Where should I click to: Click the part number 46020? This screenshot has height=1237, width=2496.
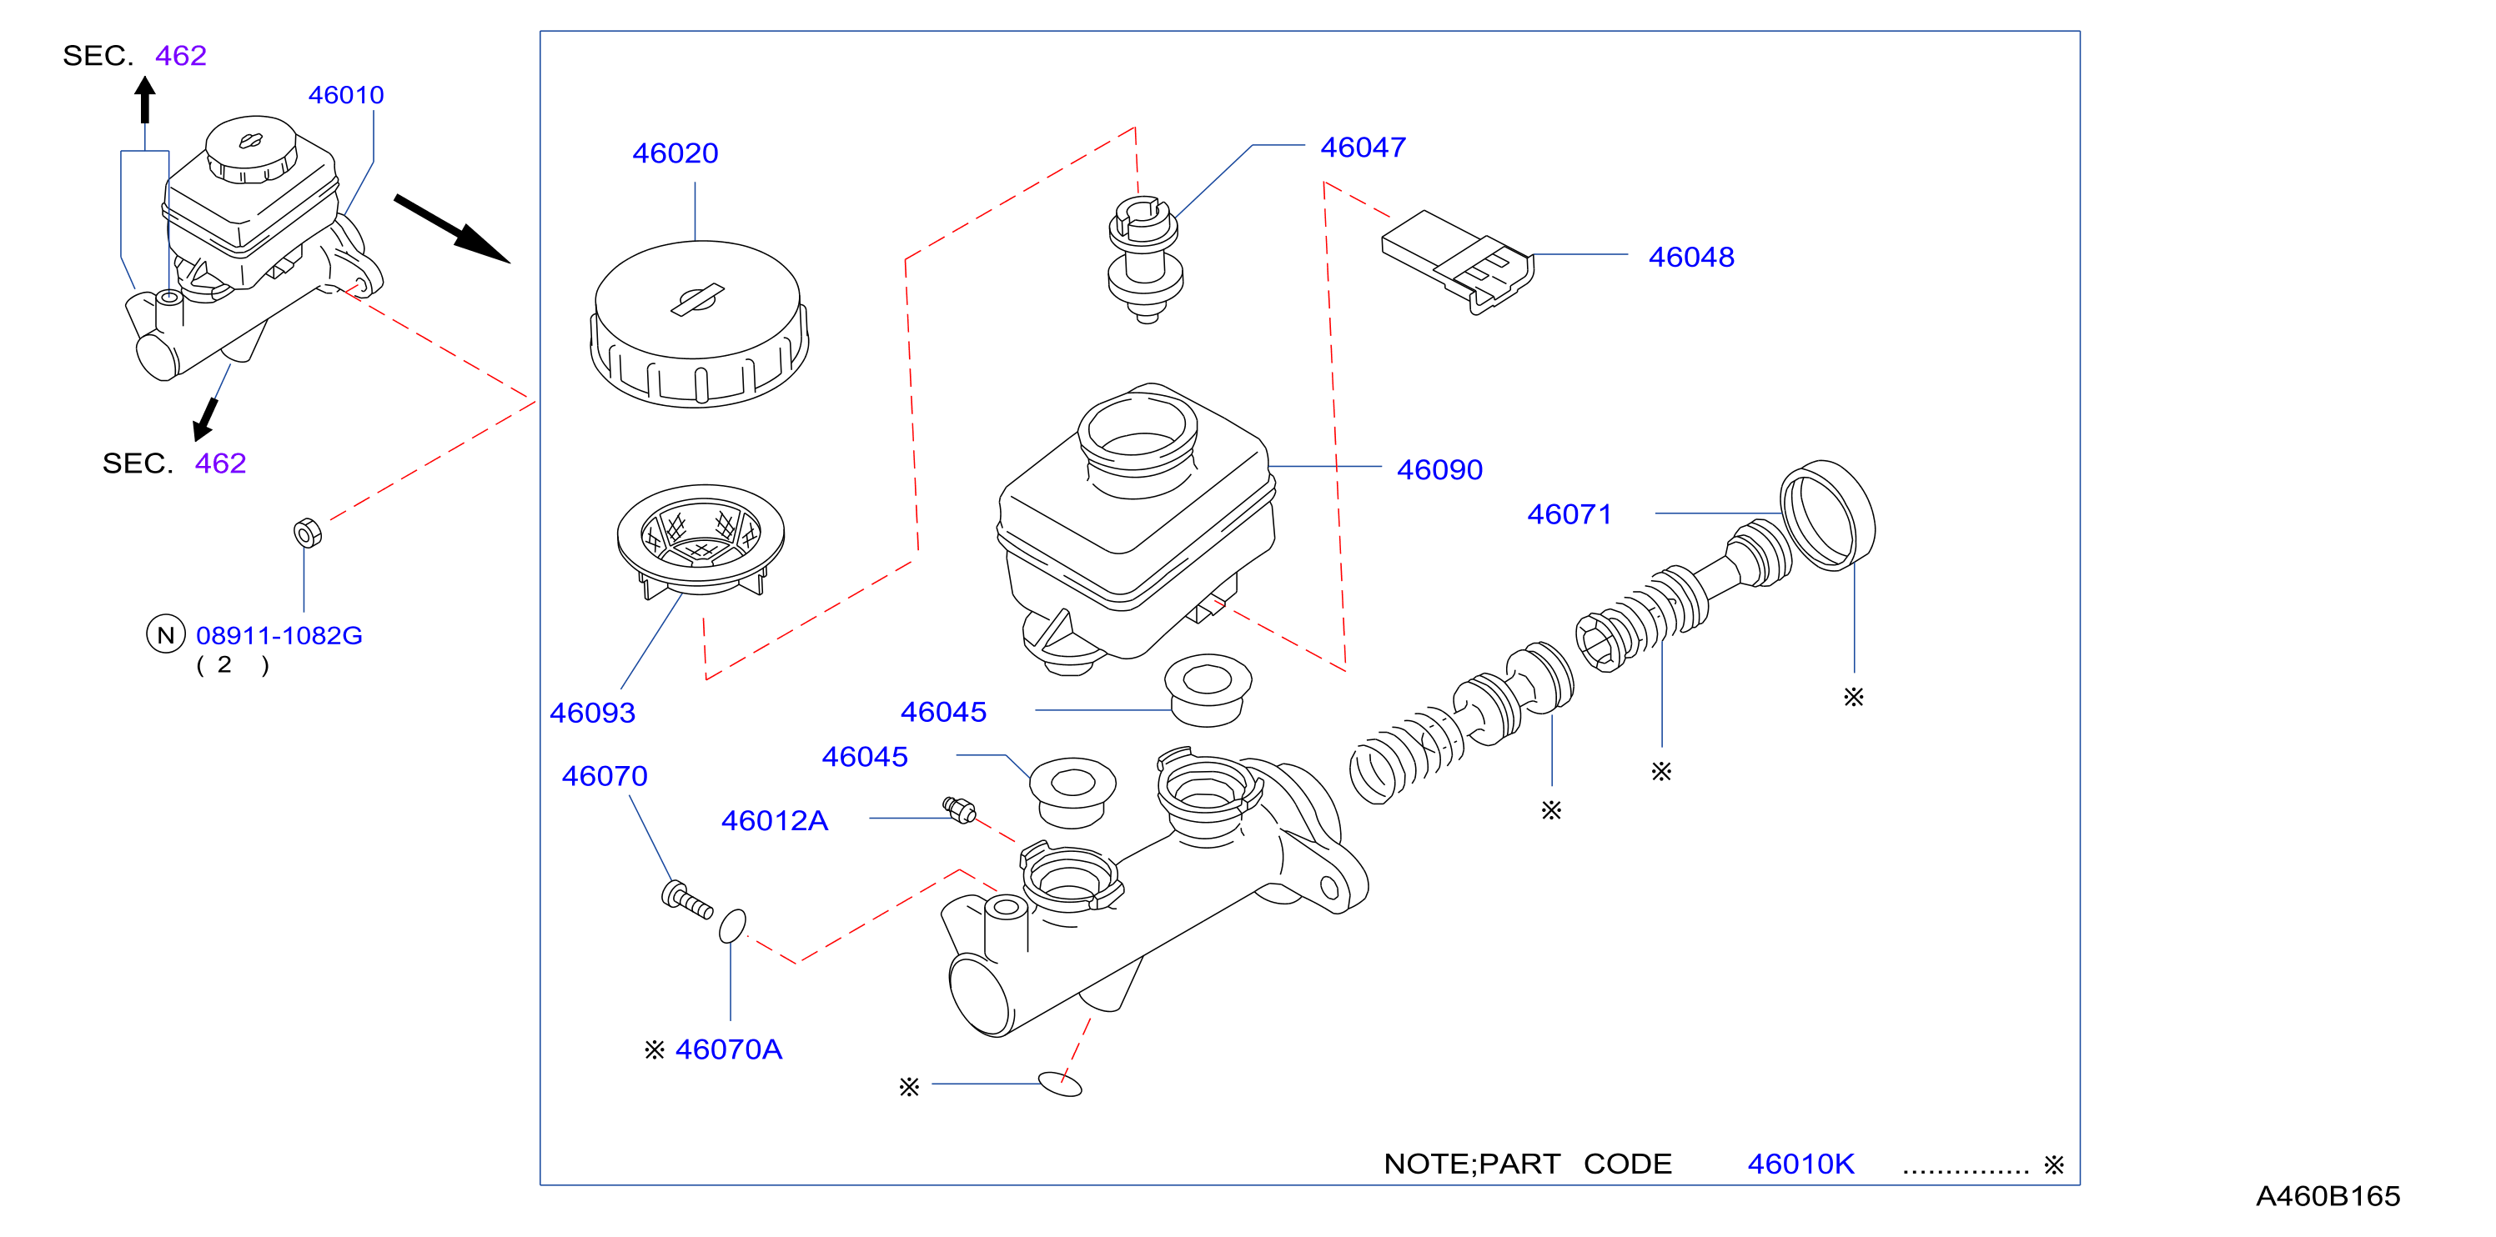click(675, 153)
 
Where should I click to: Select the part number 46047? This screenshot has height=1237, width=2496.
click(1363, 148)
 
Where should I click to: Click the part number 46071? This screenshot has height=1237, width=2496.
click(1569, 514)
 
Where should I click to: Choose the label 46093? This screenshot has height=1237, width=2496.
click(592, 713)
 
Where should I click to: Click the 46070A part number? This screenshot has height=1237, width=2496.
click(728, 1050)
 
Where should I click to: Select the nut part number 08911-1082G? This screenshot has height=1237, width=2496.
click(279, 635)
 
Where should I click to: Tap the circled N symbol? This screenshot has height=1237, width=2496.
click(166, 634)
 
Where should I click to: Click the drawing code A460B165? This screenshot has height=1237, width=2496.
click(2328, 1196)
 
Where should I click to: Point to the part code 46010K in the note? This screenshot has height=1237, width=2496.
click(1800, 1164)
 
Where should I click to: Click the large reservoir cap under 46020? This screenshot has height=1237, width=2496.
click(699, 323)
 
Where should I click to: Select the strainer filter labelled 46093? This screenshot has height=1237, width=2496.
click(701, 540)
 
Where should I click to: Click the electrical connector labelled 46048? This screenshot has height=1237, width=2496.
click(1459, 262)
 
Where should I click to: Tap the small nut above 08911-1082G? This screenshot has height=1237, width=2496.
click(308, 533)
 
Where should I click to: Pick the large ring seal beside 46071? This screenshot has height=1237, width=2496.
click(1827, 515)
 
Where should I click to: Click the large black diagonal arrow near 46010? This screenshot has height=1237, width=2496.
click(451, 228)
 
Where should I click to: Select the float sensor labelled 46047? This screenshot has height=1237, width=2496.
click(1144, 259)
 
